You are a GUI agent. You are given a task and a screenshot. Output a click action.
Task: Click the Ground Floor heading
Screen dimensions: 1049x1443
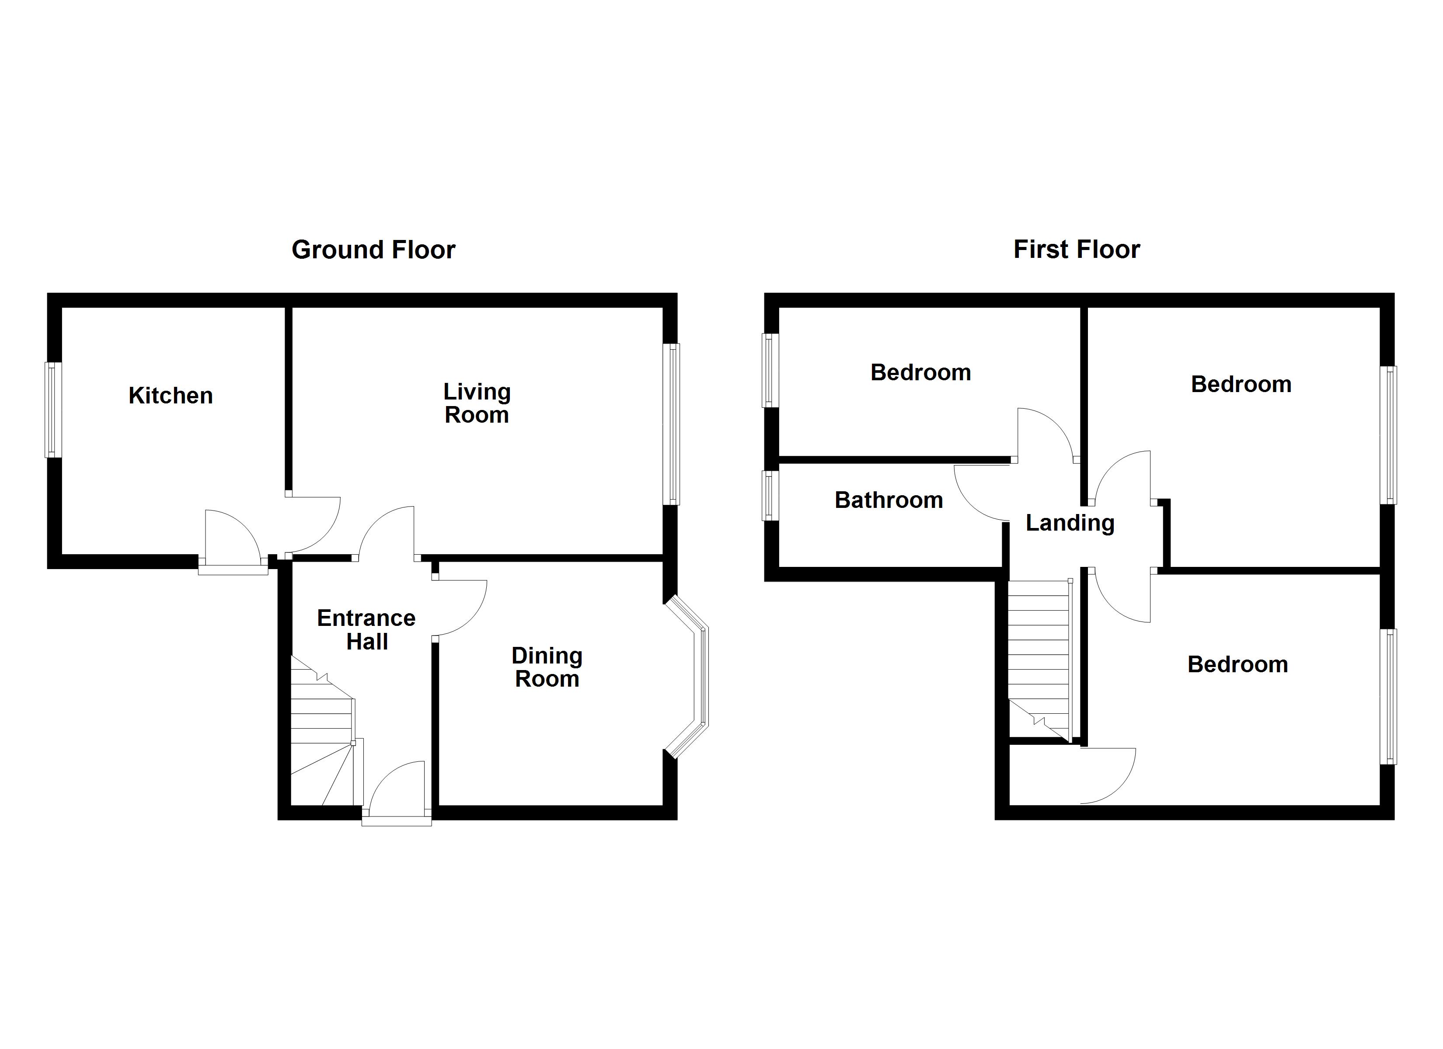(x=373, y=250)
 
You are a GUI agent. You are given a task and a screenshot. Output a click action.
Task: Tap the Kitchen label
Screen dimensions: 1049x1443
(x=171, y=396)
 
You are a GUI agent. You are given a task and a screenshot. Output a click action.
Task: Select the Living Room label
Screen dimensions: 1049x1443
(x=477, y=403)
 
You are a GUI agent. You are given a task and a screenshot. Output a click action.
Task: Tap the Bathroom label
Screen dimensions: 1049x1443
(x=888, y=500)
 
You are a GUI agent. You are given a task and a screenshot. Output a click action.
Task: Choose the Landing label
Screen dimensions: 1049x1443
(x=1070, y=523)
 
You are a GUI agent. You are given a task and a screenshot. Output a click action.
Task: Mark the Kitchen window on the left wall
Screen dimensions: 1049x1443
(x=53, y=410)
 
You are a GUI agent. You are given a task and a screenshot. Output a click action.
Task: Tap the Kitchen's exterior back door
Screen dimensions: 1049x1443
(x=233, y=538)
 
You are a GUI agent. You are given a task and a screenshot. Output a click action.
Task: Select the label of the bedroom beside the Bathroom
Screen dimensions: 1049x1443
(x=920, y=373)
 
